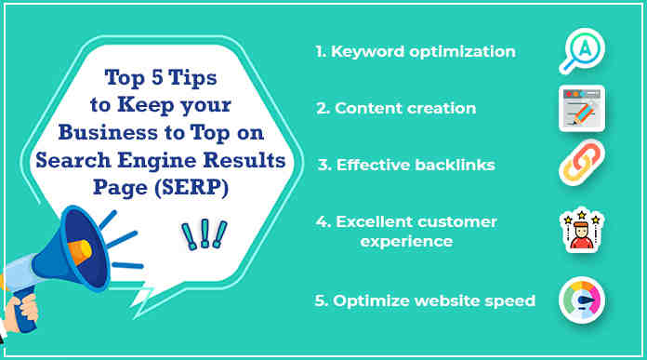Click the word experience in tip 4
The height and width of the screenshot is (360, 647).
(x=407, y=241)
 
